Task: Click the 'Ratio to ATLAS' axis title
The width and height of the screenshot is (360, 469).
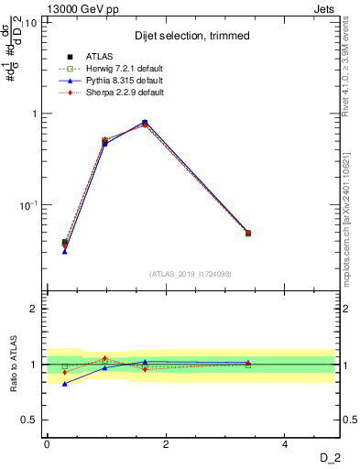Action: click(x=15, y=364)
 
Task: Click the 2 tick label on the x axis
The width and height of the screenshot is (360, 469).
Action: click(x=166, y=444)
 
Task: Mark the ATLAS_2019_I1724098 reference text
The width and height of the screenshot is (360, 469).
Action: click(x=190, y=274)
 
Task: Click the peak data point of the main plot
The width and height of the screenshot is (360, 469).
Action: click(x=145, y=123)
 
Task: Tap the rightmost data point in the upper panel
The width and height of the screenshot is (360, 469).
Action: click(x=247, y=234)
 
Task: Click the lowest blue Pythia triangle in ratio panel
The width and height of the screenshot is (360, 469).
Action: click(x=65, y=384)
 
